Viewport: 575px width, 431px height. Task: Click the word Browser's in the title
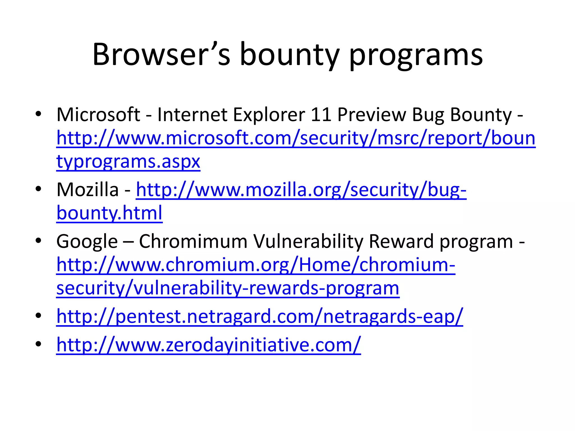[161, 55]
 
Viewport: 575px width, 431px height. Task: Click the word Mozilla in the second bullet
[88, 190]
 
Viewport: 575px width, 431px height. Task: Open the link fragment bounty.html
[109, 213]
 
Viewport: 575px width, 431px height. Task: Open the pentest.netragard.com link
[260, 317]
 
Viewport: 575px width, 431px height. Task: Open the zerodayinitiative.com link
[209, 345]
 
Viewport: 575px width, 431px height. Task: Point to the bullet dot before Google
[38, 240]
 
